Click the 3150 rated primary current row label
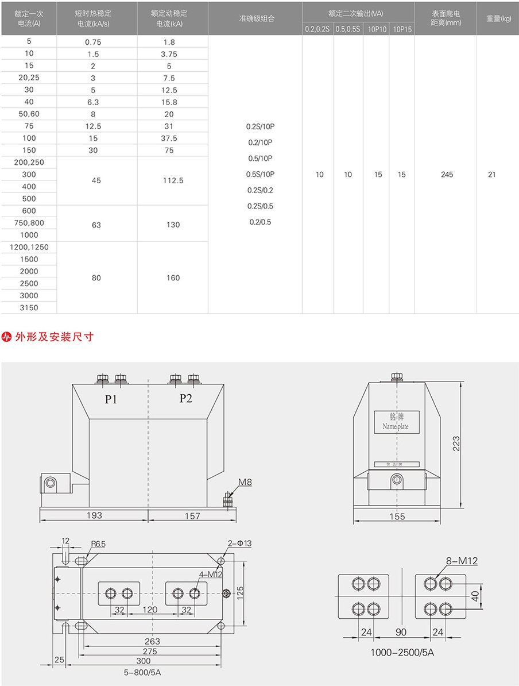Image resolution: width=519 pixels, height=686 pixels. point(29,308)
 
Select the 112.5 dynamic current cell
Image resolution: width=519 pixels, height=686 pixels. point(173,180)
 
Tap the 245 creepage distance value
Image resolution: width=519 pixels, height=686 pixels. point(447,175)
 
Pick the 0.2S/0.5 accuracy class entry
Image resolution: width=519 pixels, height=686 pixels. point(260,206)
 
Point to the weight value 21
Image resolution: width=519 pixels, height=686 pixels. point(491,175)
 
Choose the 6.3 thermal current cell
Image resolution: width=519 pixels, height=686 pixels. point(92,102)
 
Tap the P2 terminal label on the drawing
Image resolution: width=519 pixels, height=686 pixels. point(185,399)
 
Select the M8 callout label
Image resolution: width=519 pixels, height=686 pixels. point(245,483)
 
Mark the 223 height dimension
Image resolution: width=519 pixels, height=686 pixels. point(456,443)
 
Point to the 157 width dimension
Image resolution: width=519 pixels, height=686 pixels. point(192,516)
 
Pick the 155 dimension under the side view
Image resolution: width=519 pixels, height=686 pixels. point(397,517)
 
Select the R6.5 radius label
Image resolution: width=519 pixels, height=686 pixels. point(98,544)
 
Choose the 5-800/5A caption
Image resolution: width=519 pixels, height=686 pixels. point(142,671)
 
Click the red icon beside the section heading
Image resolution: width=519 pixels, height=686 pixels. point(7,337)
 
